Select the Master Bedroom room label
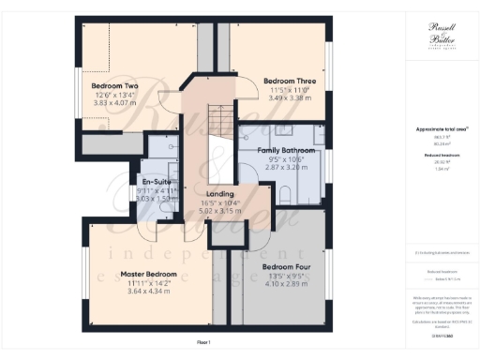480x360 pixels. (x=142, y=275)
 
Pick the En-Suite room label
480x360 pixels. (x=155, y=180)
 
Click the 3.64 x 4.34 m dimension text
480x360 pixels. (x=142, y=292)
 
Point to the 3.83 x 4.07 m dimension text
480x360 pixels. (x=113, y=101)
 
